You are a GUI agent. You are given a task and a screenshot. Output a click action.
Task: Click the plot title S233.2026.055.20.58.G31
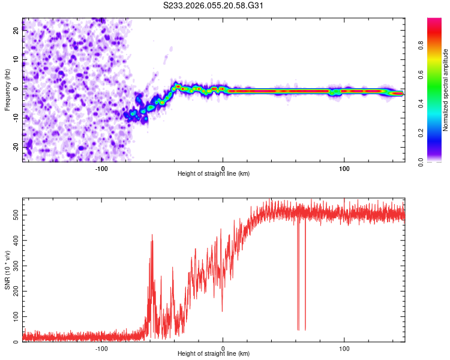point(214,6)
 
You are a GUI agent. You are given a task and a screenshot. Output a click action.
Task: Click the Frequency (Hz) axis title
point(7,90)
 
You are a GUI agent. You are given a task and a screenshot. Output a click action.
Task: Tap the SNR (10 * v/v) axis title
point(7,270)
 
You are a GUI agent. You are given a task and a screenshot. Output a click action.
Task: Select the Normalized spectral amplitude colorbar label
point(445,90)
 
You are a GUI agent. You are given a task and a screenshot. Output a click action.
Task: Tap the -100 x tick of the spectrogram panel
point(101,167)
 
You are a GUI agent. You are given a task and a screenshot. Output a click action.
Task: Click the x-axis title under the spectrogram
point(214,174)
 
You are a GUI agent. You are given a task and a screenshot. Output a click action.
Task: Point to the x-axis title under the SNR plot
point(214,355)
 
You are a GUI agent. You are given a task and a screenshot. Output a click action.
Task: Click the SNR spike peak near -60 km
point(152,236)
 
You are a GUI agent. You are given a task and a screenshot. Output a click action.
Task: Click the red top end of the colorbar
point(434,22)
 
